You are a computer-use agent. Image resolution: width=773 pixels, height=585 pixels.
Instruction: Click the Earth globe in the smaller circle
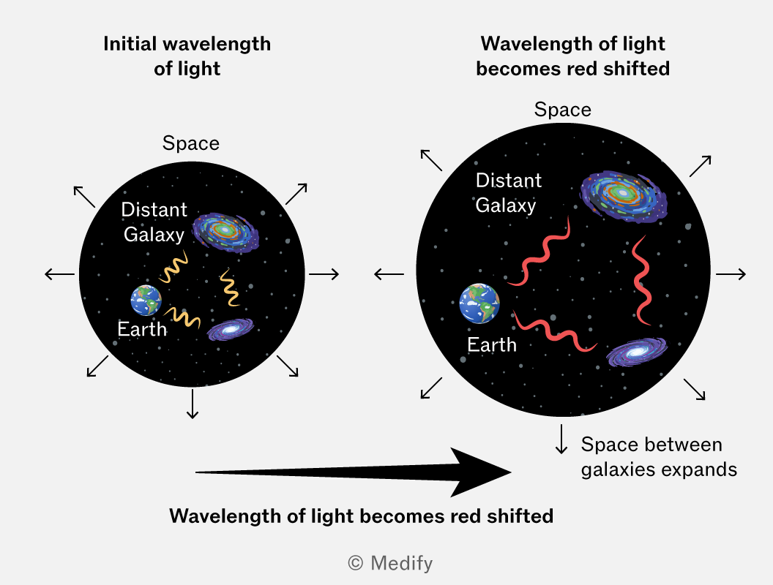coord(146,300)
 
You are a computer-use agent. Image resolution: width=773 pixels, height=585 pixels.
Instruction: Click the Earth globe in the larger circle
coord(479,303)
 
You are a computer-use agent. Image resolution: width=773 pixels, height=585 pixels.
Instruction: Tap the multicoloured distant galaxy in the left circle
coord(225,232)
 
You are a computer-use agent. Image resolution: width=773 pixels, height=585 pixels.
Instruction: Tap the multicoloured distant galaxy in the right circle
coord(624,197)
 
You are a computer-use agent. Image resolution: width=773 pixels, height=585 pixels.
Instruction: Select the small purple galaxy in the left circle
coord(231,330)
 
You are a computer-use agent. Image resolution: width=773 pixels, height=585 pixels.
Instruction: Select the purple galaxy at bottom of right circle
coord(636,352)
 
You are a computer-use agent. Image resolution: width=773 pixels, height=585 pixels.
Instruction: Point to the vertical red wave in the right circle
coord(641,281)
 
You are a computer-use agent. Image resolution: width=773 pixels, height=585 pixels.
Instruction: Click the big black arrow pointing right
coord(354,472)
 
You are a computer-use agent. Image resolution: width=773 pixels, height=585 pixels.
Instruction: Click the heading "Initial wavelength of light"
coord(187,56)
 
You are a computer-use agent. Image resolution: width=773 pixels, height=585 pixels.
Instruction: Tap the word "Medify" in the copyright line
coord(401,563)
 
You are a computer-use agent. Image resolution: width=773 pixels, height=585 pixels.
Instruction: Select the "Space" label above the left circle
coord(191,143)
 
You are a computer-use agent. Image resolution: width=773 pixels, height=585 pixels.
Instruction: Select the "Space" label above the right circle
coord(562,109)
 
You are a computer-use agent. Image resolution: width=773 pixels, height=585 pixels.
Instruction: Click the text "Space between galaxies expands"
coord(659,457)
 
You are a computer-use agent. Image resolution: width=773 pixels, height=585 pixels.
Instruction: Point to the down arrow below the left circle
coord(193,404)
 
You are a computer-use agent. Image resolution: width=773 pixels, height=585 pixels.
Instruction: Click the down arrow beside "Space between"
coord(561,439)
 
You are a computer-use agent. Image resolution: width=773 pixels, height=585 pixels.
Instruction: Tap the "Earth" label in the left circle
coord(142,329)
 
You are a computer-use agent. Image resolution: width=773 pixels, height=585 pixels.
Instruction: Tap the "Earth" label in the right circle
coord(491,344)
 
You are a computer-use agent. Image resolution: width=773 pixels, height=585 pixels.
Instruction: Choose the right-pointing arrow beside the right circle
coord(731,273)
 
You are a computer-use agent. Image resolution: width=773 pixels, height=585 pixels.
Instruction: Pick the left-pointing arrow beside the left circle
coord(59,273)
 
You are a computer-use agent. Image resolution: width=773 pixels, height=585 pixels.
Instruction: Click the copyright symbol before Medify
coord(356,563)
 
